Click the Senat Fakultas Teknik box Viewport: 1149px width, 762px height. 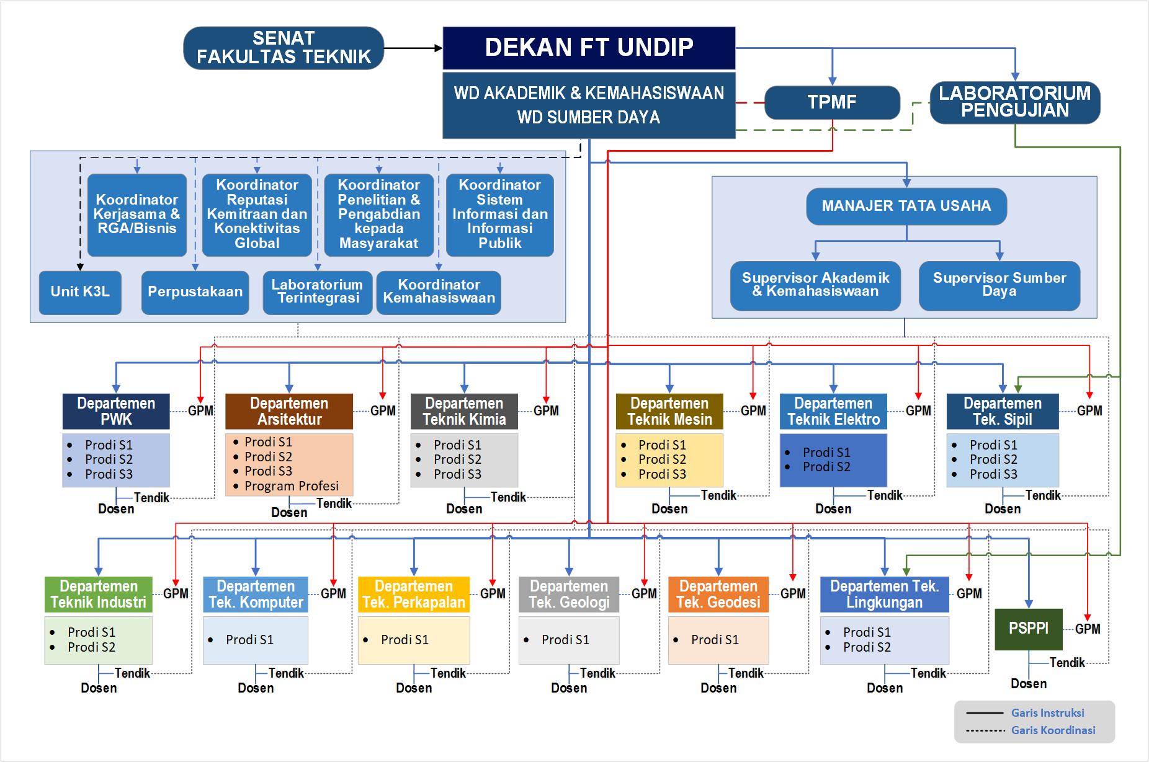[x=284, y=48]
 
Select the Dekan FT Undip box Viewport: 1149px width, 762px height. [x=589, y=48]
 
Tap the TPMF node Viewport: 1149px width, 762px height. [x=832, y=102]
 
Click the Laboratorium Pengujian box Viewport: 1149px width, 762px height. [x=1015, y=102]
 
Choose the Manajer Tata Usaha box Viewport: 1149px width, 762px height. [x=906, y=206]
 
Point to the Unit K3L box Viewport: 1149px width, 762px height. [x=80, y=292]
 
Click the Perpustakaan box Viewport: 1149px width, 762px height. [x=195, y=292]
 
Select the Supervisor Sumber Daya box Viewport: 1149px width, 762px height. [x=999, y=285]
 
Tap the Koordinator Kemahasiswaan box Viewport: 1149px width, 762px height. [x=439, y=292]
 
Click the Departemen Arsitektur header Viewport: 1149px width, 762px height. [x=289, y=411]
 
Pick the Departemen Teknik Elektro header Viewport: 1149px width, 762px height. [x=833, y=411]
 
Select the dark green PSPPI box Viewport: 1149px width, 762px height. [x=1029, y=629]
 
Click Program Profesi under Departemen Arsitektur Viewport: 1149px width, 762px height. [x=292, y=486]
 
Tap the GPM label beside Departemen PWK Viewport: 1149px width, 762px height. [x=200, y=410]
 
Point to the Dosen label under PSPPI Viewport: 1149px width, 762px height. [x=1029, y=684]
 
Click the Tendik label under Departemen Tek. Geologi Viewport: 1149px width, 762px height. [x=597, y=673]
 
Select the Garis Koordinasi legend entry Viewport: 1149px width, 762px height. [x=1053, y=730]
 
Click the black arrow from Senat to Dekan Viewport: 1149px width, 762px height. [x=413, y=48]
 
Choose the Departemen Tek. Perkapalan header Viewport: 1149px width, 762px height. [x=414, y=595]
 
